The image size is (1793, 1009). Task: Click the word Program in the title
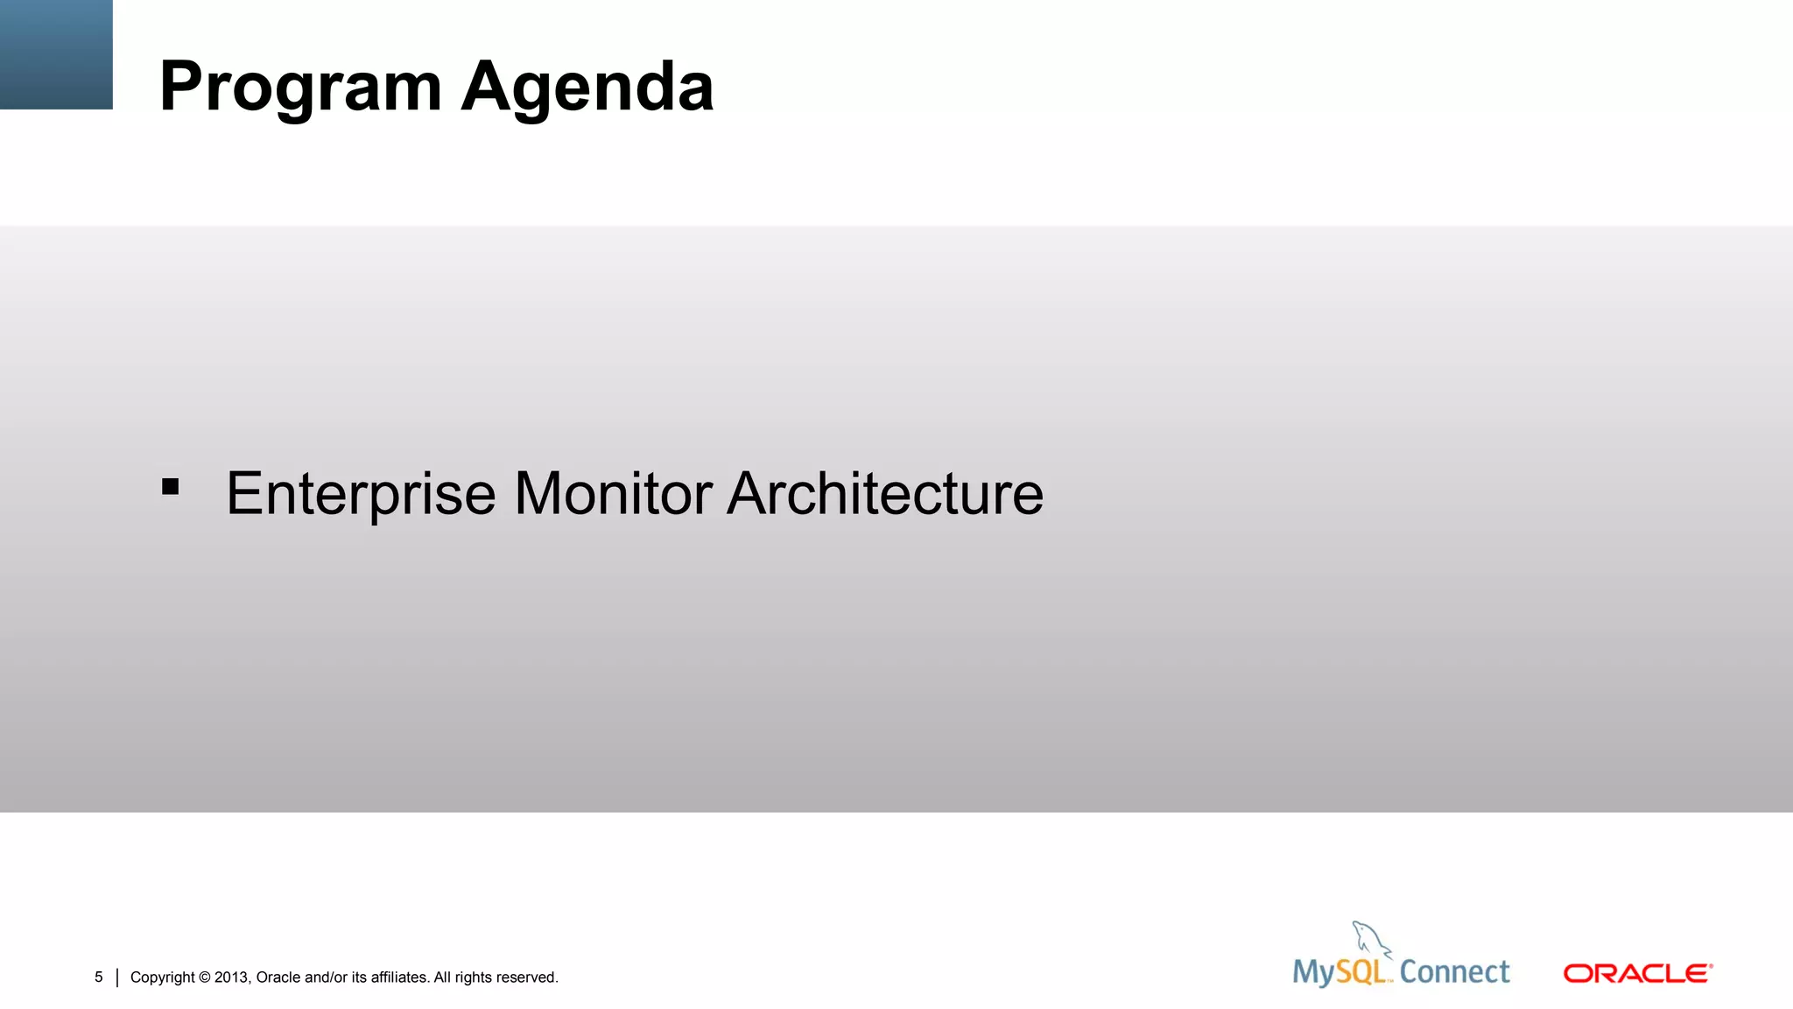300,88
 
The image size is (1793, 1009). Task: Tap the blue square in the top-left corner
56,54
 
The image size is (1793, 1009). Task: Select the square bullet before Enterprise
171,487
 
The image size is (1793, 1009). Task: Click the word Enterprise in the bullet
361,494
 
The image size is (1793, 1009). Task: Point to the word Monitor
613,494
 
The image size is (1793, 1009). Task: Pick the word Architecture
885,494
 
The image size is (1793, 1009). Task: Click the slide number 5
99,977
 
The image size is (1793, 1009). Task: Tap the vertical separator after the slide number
117,977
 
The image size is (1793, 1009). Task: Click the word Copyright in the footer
162,977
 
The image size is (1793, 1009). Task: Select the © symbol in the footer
205,977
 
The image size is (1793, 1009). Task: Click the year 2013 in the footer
232,977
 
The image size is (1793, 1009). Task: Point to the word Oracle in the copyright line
278,977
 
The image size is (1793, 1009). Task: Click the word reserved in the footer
527,977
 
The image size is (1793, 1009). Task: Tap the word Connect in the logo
1454,972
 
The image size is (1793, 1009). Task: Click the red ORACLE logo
1637,973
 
